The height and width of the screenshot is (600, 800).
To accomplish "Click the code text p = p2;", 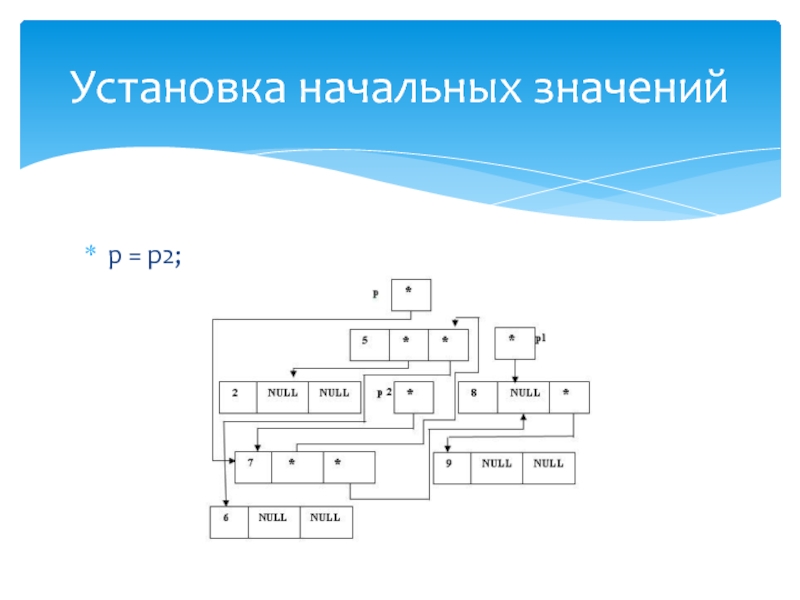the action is (x=145, y=257).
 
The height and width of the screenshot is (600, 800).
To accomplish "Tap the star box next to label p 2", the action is (x=413, y=397).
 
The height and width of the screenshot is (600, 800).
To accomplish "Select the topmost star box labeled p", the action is (x=411, y=294).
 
